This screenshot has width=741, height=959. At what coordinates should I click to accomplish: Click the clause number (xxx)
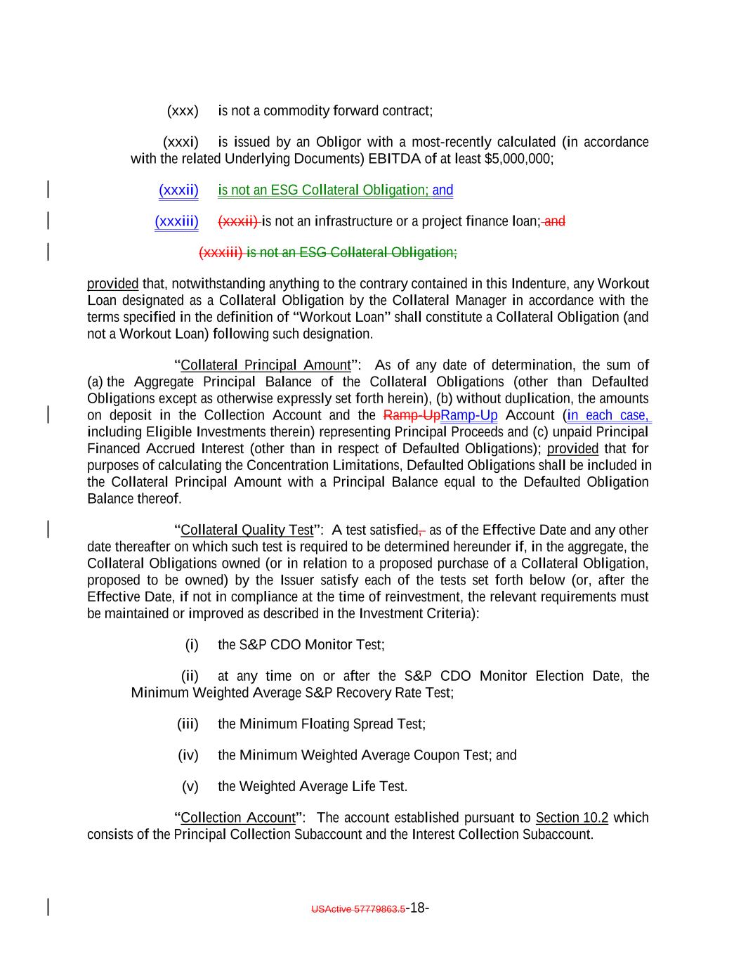183,111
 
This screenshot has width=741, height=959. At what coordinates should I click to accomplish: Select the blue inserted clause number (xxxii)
178,190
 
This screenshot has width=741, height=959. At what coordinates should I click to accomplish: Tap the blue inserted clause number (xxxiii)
176,222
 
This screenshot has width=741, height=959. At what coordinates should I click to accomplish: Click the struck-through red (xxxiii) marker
221,252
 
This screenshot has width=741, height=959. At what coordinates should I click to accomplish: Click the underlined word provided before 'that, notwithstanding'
112,284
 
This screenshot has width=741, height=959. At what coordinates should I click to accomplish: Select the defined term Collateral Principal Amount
265,365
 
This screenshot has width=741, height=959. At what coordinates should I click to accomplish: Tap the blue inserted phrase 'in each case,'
608,415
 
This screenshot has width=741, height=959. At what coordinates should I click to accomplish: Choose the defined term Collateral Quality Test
247,530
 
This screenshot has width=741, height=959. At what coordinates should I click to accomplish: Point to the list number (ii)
190,677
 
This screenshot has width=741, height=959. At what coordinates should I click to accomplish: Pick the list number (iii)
188,724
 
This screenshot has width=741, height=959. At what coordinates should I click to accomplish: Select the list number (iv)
188,755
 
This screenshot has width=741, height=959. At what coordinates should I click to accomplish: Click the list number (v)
190,787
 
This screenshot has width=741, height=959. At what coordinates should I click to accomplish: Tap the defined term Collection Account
238,818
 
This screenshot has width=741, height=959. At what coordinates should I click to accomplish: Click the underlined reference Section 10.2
572,818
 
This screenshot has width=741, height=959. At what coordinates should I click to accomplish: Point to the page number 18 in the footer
418,908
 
